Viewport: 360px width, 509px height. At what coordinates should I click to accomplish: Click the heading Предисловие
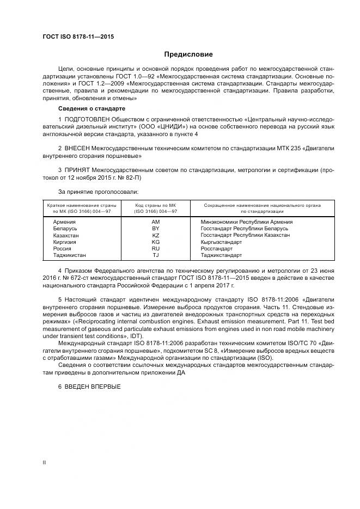click(x=188, y=54)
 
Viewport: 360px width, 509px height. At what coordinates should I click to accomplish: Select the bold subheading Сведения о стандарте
click(x=87, y=109)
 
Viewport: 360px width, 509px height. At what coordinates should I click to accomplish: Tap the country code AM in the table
click(x=155, y=222)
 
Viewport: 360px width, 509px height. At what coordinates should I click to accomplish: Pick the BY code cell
click(x=155, y=229)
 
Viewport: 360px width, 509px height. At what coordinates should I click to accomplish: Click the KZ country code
click(x=155, y=235)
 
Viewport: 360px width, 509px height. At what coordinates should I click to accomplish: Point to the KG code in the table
click(x=155, y=242)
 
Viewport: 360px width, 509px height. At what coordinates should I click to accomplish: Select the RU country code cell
click(x=155, y=248)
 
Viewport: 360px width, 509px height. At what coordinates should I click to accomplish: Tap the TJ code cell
click(x=155, y=255)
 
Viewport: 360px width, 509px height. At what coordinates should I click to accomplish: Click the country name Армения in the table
click(x=64, y=222)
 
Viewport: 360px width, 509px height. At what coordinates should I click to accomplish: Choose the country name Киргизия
click(x=65, y=242)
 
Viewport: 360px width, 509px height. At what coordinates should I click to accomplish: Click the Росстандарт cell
click(x=217, y=248)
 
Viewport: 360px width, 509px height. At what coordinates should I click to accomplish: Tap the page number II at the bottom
click(x=44, y=463)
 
